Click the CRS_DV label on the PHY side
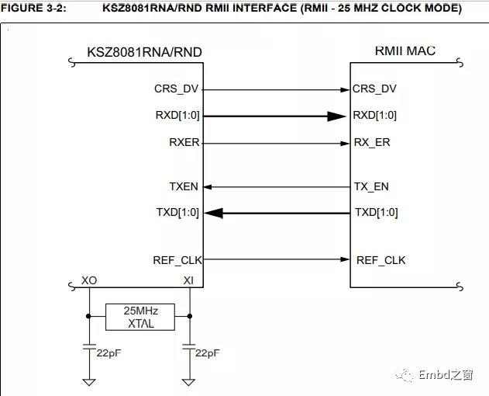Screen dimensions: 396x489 click(x=177, y=89)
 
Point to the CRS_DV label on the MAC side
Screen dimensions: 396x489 click(x=374, y=89)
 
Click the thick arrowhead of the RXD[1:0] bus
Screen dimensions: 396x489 click(x=335, y=116)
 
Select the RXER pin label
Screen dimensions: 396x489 click(x=184, y=143)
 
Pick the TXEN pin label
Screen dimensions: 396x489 click(x=184, y=186)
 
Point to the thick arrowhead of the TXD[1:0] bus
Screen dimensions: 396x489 click(x=214, y=213)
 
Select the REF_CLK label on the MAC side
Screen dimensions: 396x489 click(x=381, y=259)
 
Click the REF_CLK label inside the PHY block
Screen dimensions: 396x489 click(x=177, y=259)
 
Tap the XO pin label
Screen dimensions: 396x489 click(x=90, y=279)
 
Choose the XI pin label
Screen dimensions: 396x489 click(x=188, y=279)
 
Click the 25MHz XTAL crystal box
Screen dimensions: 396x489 click(x=140, y=317)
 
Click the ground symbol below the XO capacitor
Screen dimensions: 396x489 click(x=90, y=381)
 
